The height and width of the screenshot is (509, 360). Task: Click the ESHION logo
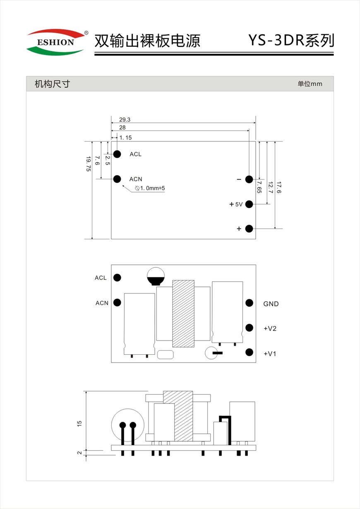(55, 42)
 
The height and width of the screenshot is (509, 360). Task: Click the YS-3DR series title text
(290, 41)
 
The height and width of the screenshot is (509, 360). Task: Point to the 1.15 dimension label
(125, 137)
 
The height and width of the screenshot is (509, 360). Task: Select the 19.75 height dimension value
(88, 163)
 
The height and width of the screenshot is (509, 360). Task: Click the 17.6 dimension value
(279, 188)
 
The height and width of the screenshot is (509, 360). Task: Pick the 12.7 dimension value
(270, 188)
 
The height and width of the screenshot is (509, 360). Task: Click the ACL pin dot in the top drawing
(117, 154)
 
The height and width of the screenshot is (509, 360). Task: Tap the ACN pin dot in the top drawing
(117, 179)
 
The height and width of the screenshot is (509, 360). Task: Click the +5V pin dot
(249, 204)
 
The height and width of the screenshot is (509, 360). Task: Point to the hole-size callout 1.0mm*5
(150, 188)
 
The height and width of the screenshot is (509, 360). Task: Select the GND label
(271, 304)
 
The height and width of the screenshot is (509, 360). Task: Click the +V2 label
(270, 329)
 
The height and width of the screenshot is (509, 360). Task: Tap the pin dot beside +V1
(249, 352)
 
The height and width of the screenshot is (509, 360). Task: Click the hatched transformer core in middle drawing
(183, 313)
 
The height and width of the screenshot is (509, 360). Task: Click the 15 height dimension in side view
(80, 423)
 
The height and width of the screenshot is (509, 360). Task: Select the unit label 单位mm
(310, 84)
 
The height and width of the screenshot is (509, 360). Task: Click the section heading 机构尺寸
(52, 84)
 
